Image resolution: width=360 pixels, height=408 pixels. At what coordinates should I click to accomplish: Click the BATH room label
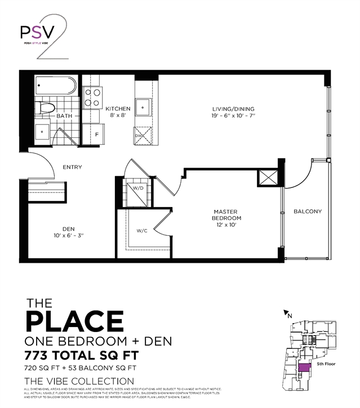64,116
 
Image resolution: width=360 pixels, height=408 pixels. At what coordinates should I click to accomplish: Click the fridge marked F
97,134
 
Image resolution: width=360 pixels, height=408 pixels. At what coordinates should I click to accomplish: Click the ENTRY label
72,167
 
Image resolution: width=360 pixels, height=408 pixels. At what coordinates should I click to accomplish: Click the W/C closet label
141,231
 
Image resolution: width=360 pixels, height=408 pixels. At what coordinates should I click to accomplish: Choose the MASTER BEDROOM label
226,218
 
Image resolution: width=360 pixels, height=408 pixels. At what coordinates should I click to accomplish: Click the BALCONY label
308,212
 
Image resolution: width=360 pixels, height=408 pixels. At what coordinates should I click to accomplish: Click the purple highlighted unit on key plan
304,369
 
